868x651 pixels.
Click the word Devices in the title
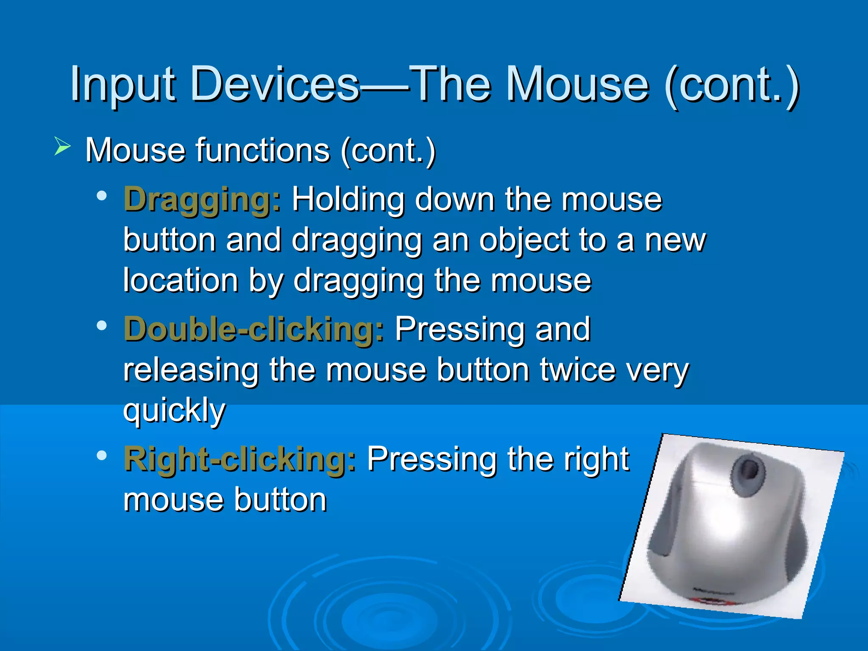click(275, 85)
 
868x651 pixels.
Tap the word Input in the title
click(123, 85)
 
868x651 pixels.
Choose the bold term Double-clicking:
click(254, 330)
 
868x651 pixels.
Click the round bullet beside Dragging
click(102, 196)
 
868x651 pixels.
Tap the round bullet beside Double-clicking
click(102, 325)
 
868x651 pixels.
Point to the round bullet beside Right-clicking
click(102, 456)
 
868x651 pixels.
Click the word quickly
click(174, 410)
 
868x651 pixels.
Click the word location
click(181, 281)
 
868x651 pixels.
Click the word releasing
click(191, 370)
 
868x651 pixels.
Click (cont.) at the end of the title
click(732, 85)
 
